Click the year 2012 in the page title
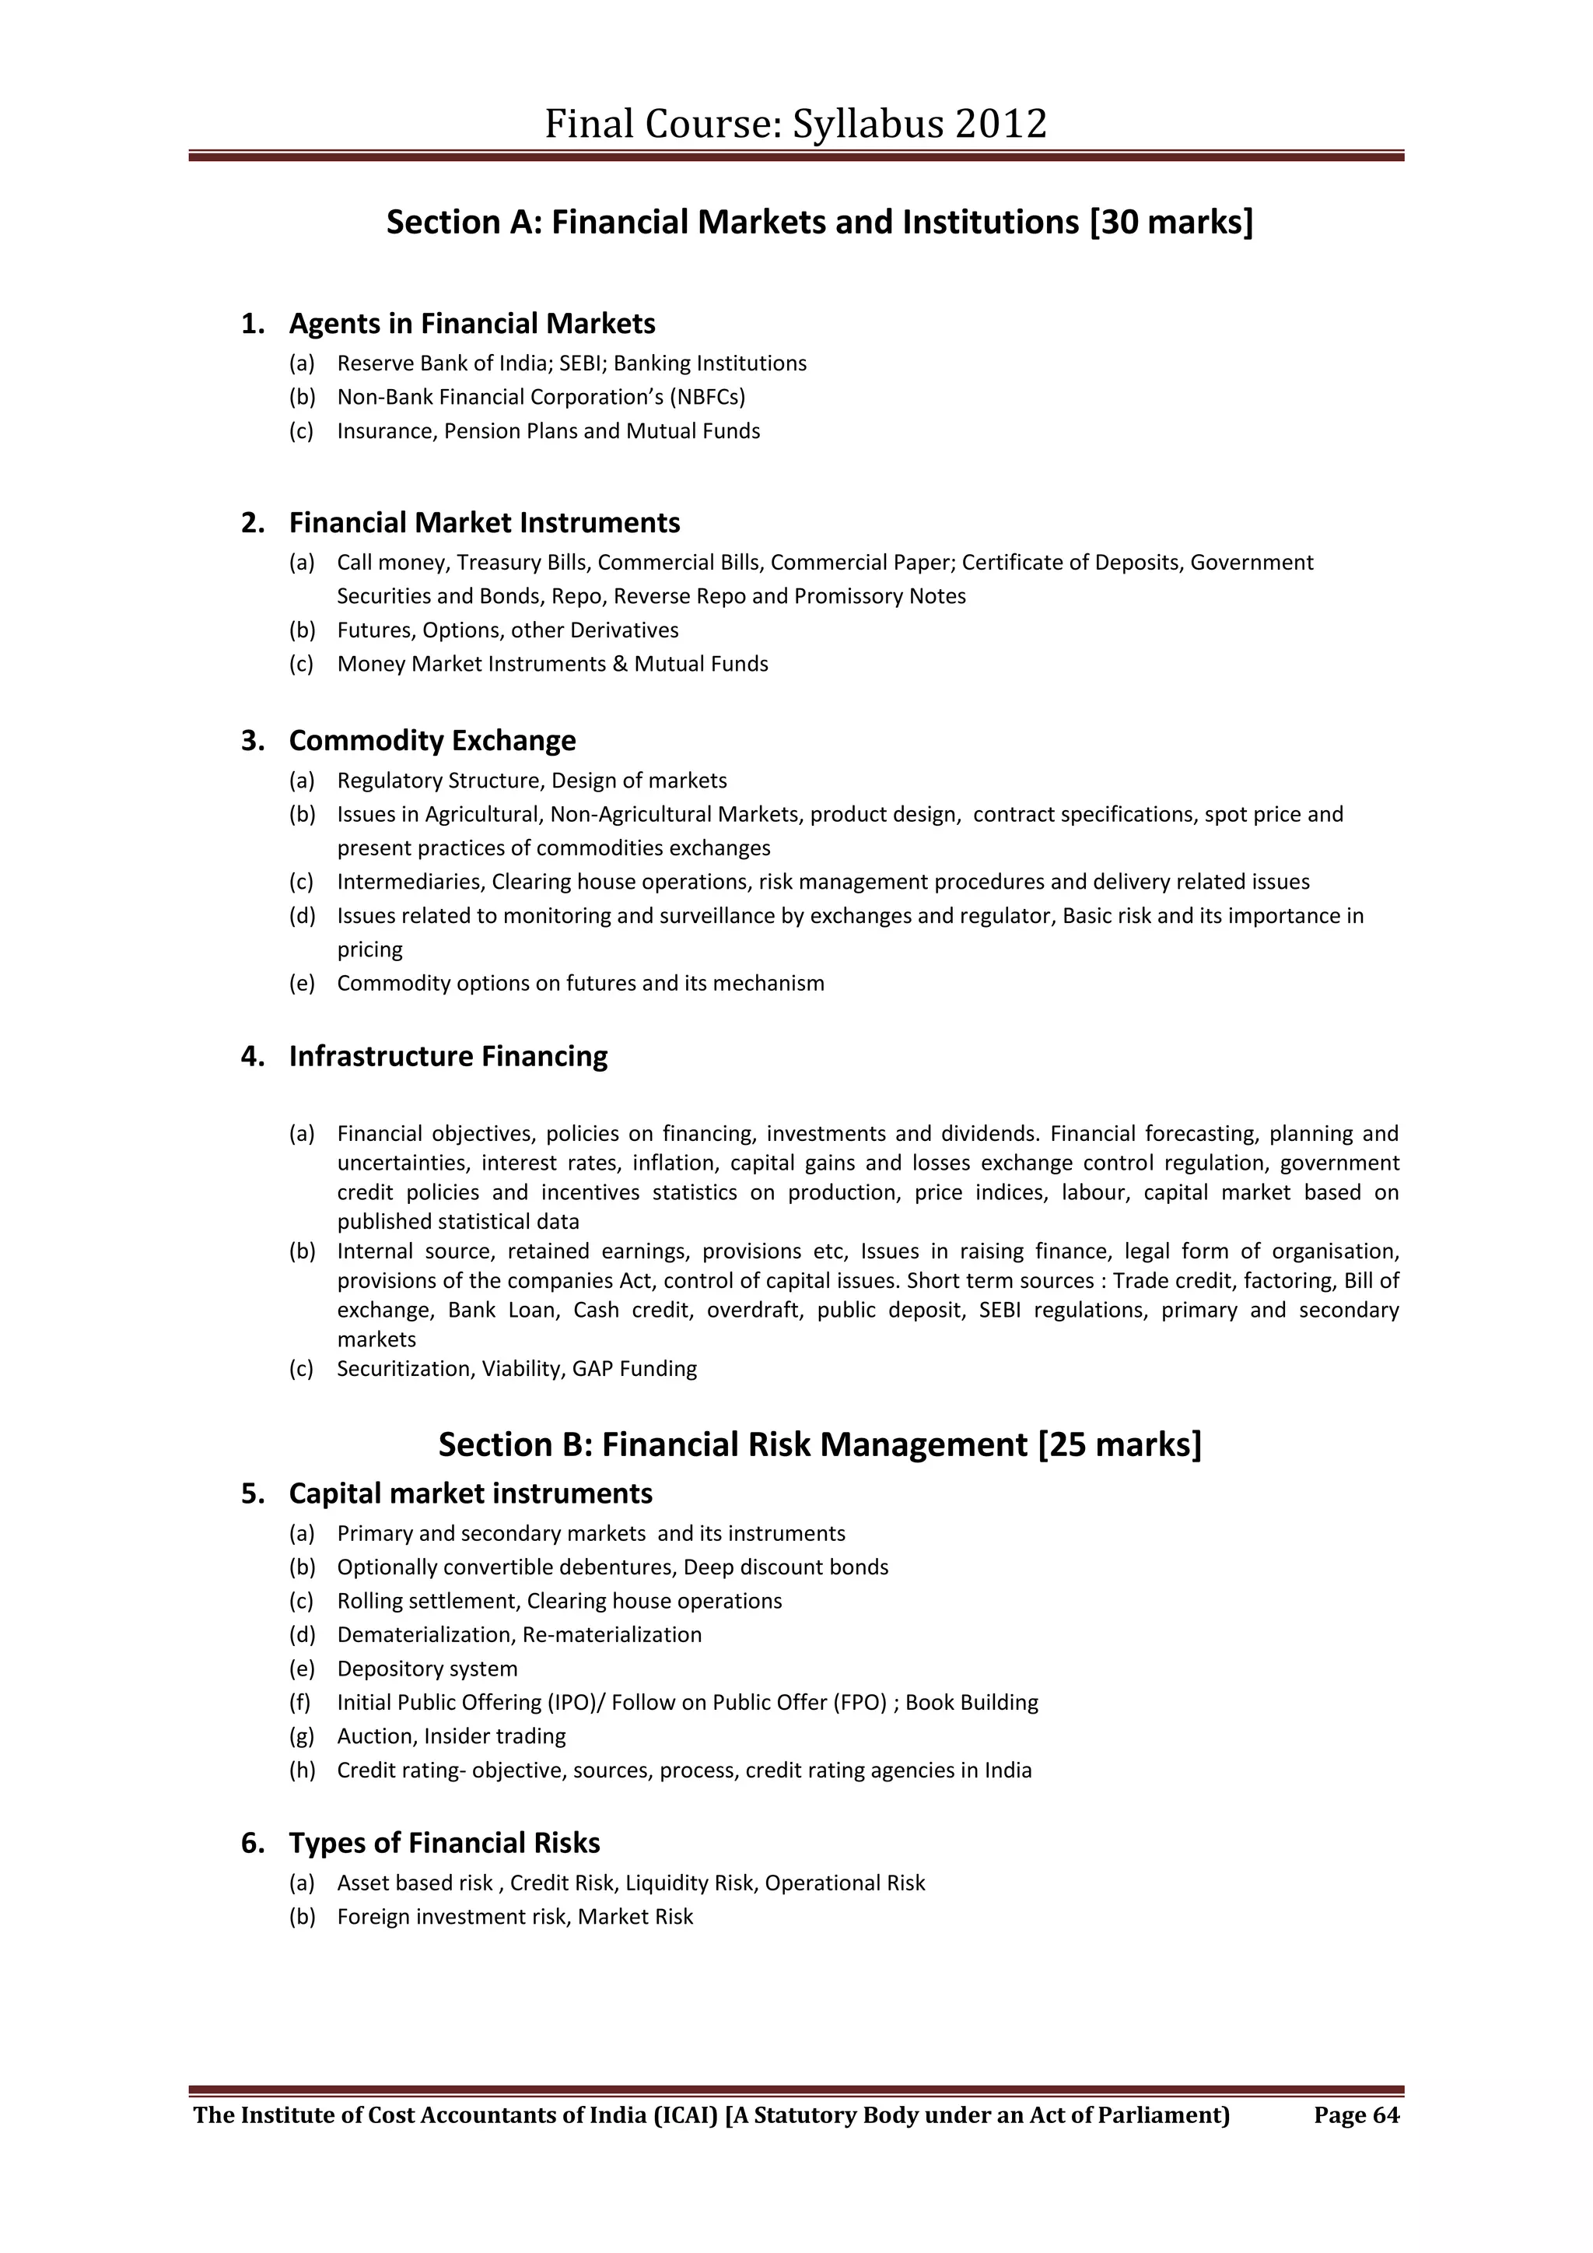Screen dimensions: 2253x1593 (1000, 125)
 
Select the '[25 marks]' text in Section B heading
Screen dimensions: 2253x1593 (1119, 1444)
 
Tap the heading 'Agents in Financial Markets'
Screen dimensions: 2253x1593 (472, 324)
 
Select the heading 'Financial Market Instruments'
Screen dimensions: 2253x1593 (484, 523)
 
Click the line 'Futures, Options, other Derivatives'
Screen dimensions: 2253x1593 (507, 630)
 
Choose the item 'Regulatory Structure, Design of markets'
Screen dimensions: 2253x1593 (532, 781)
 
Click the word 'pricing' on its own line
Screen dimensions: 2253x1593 (369, 950)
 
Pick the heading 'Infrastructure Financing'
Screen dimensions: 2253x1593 (447, 1057)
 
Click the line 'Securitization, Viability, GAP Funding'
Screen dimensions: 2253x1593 (517, 1369)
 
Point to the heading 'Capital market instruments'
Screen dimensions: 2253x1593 (470, 1493)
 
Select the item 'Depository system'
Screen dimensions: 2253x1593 (427, 1669)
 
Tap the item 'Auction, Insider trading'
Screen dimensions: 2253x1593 (451, 1737)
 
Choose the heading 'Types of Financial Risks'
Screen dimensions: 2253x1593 (443, 1843)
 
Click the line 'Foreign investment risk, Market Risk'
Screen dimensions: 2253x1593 (515, 1918)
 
